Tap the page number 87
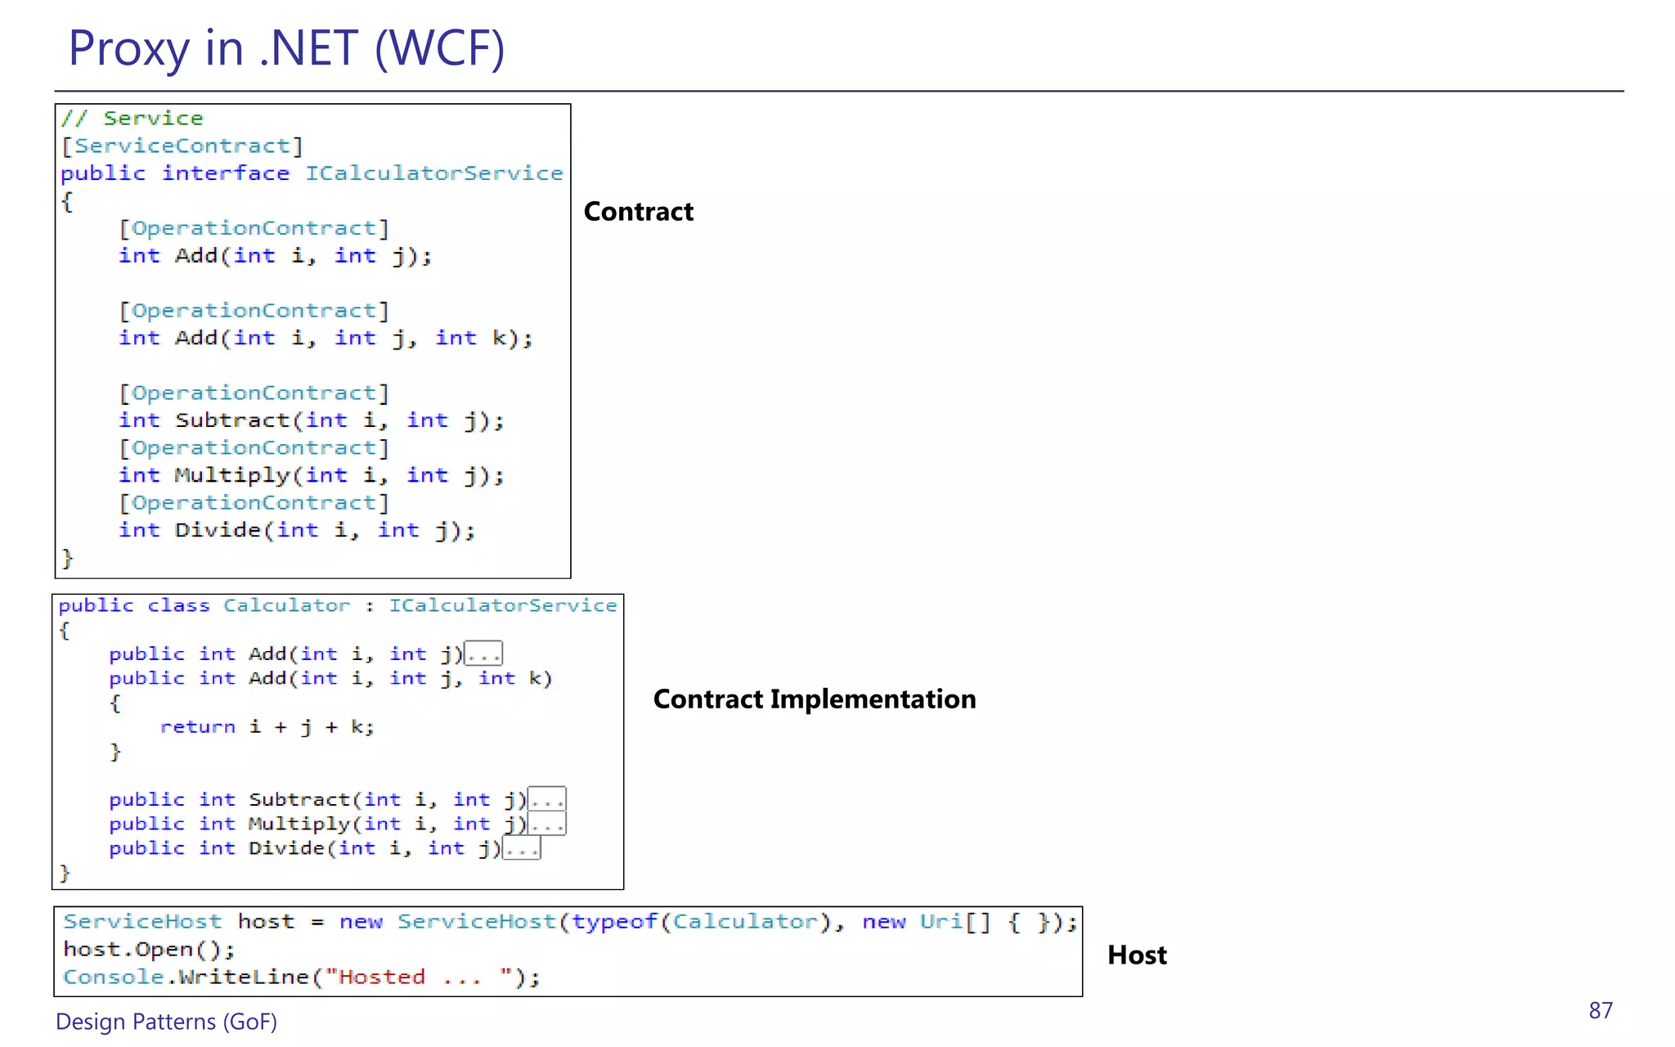(1601, 1011)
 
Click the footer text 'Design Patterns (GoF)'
(166, 1022)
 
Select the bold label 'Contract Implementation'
(814, 699)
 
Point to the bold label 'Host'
(1137, 955)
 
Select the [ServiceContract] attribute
(182, 146)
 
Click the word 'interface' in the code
(225, 173)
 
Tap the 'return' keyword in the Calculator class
(197, 727)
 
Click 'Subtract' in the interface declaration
(232, 420)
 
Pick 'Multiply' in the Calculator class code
(299, 824)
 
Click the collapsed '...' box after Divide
(521, 849)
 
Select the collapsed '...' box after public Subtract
(546, 799)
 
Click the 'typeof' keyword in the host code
(614, 922)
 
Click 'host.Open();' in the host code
(149, 950)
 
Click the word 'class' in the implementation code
(178, 605)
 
